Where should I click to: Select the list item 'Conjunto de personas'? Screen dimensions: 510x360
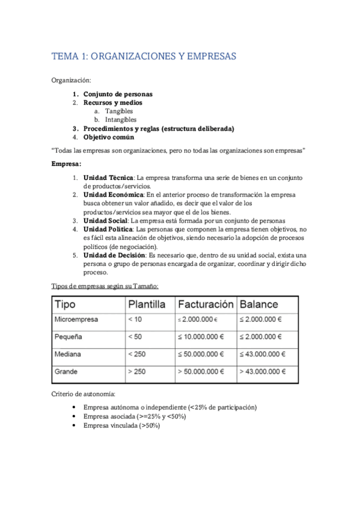coord(118,94)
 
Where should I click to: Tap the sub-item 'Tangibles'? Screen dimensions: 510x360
coord(119,111)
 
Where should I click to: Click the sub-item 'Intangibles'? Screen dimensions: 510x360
coord(121,120)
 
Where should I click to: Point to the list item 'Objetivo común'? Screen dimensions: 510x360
coord(111,137)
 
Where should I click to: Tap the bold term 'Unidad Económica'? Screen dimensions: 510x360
coord(113,195)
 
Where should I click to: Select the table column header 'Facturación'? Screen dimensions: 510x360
coord(205,304)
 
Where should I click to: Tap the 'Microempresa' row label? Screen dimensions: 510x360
coord(76,319)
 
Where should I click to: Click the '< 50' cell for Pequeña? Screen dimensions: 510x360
coord(135,336)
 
